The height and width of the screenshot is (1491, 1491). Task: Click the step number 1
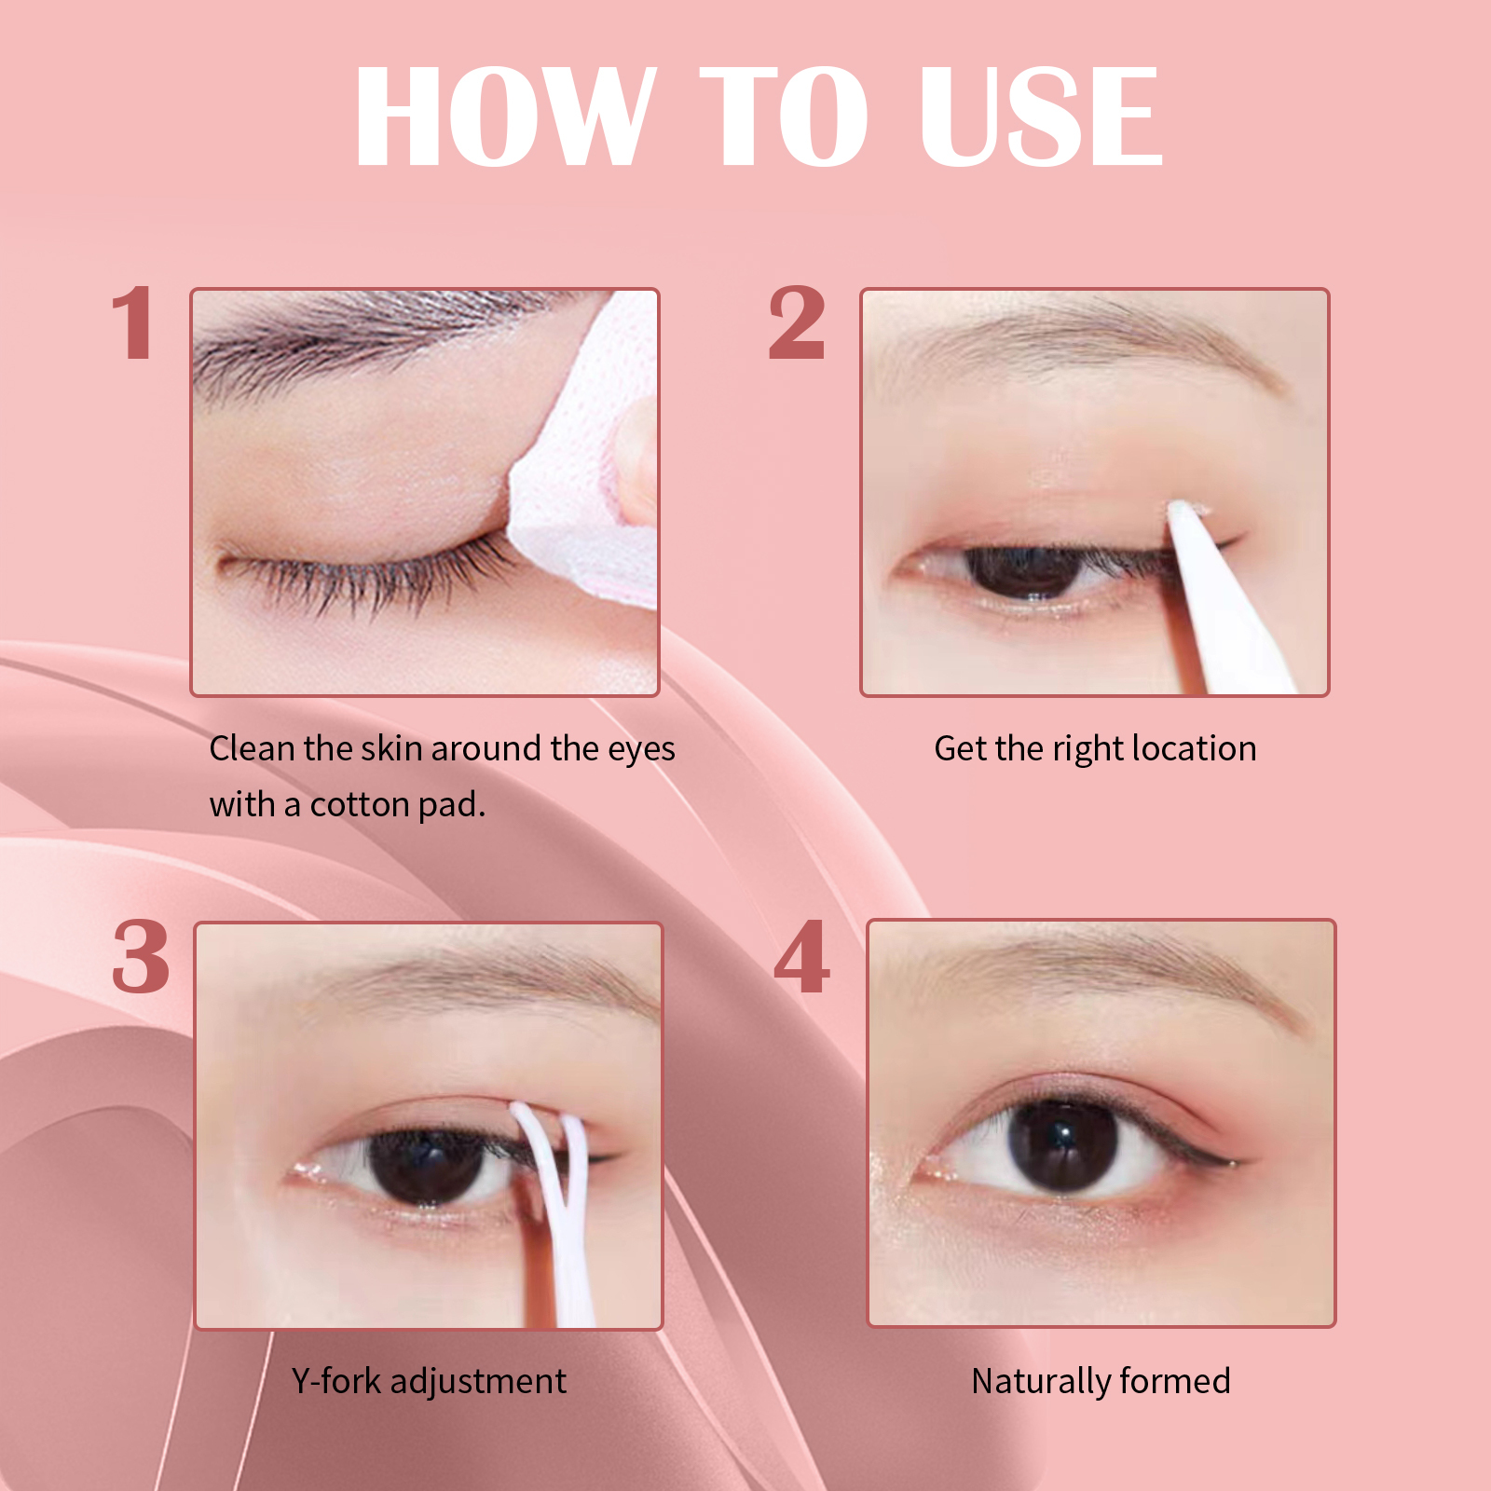coord(133,322)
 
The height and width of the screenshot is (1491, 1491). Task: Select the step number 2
coord(797,322)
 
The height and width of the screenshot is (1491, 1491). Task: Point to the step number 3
coord(141,956)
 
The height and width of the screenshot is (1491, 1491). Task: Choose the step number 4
coord(801,956)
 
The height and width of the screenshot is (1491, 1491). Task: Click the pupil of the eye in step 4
coord(1062,1144)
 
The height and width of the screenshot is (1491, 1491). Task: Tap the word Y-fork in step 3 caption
coord(335,1381)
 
